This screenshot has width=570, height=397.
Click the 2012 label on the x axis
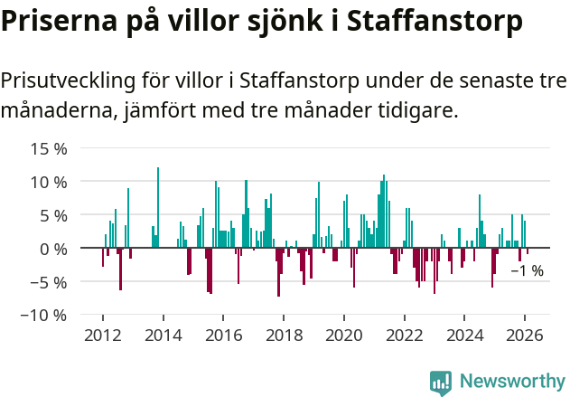103,335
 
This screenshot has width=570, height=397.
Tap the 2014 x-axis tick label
164,335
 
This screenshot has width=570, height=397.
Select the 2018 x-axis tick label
284,335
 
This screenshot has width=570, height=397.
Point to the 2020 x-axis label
344,335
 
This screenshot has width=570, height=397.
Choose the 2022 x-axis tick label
405,335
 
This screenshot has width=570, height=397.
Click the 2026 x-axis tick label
525,335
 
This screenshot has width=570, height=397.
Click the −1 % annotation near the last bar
527,270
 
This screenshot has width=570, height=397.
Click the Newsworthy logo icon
440,382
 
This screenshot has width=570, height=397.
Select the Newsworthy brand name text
512,382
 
